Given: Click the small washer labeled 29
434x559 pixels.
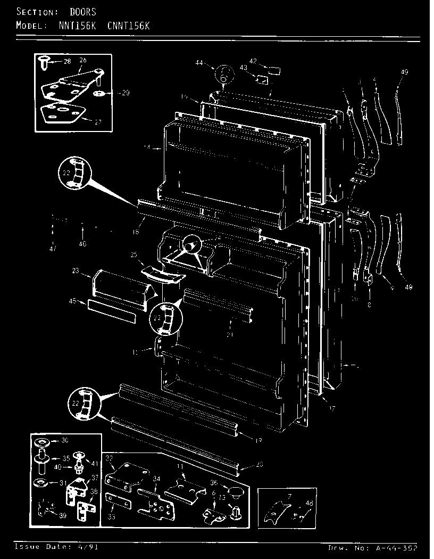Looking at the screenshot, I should [x=99, y=93].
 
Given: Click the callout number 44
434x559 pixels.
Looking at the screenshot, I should [x=199, y=63].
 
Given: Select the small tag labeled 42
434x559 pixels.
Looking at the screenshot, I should [x=274, y=69].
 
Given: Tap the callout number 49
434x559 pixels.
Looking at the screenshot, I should [x=404, y=72].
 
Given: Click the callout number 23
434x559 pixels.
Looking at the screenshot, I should [x=76, y=272].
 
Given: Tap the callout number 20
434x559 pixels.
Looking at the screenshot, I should [x=259, y=465].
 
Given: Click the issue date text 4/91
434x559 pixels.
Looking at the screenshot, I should [x=90, y=547].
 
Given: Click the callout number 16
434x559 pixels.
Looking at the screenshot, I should [x=136, y=232].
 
